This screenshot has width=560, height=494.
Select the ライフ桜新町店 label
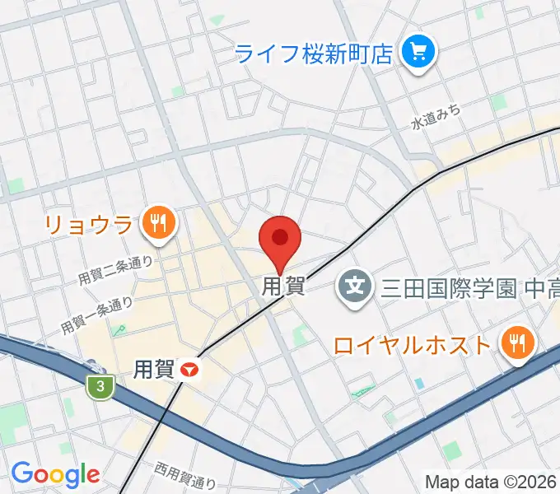point(313,54)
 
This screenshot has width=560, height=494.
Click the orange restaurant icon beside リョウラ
point(156,221)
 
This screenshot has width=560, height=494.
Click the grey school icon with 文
point(355,287)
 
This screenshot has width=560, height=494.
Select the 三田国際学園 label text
point(448,288)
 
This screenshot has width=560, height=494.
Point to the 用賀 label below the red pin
point(283,287)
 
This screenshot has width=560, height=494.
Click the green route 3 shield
point(100,386)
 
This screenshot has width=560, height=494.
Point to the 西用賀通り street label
point(185,475)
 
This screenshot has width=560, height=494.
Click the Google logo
point(55,474)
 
